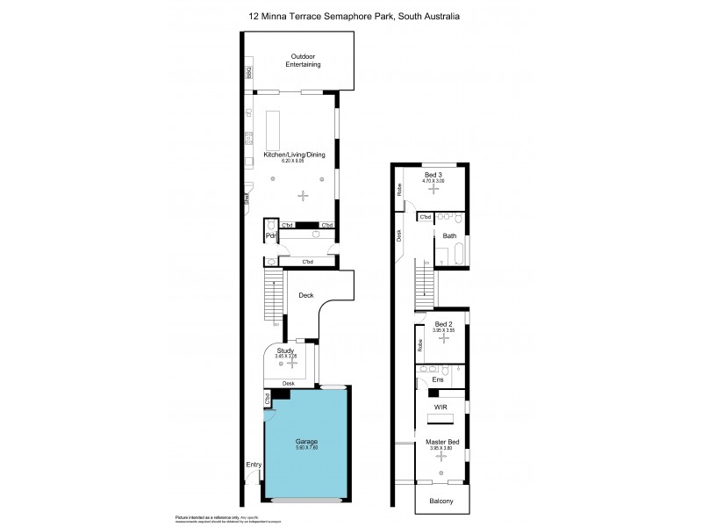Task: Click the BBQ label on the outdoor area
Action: (x=249, y=74)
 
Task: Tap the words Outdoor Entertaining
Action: (x=304, y=61)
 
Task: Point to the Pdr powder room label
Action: (x=271, y=236)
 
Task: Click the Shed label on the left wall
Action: (x=247, y=200)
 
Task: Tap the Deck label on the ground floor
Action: (x=305, y=295)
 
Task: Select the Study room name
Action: (x=285, y=350)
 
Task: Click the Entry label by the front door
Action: (x=254, y=465)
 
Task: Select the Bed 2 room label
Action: (x=442, y=324)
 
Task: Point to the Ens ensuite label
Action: (x=450, y=379)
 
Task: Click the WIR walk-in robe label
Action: (x=442, y=408)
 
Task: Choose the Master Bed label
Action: (x=441, y=442)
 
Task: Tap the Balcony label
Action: (x=441, y=501)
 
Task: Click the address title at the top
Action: (x=350, y=16)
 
